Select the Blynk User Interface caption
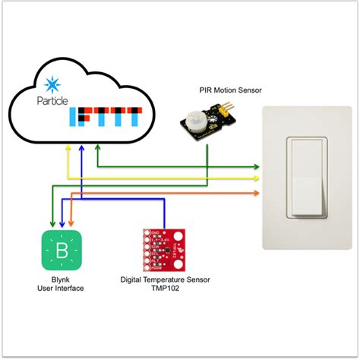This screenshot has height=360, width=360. click(60, 284)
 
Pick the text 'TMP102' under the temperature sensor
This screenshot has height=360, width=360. click(164, 289)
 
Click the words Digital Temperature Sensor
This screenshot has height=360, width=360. click(165, 279)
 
